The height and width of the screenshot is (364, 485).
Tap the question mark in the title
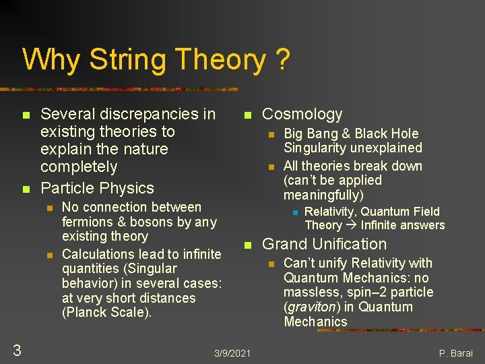pyautogui.click(x=282, y=60)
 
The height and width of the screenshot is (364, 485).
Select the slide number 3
pyautogui.click(x=18, y=349)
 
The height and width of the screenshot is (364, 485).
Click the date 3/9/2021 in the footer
pyautogui.click(x=232, y=353)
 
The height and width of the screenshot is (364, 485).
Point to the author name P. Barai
pyautogui.click(x=456, y=353)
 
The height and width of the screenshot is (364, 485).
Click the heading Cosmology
pyautogui.click(x=302, y=115)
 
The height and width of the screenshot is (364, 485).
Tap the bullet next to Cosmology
pyautogui.click(x=247, y=115)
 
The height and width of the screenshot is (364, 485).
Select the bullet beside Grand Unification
pyautogui.click(x=247, y=245)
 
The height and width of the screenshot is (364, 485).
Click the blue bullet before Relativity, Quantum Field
pyautogui.click(x=294, y=212)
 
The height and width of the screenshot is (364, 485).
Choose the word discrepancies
pyautogui.click(x=141, y=115)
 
